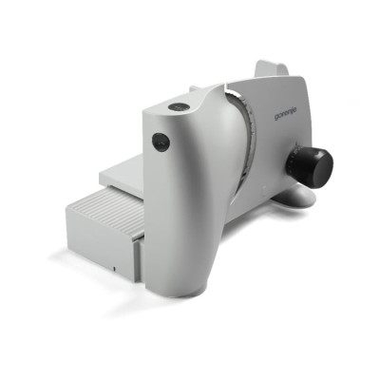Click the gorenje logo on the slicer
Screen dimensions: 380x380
point(285,114)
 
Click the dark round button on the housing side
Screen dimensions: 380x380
point(161,142)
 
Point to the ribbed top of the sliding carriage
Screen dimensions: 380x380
point(109,210)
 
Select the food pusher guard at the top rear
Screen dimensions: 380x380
point(272,69)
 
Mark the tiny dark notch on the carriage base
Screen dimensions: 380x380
point(114,269)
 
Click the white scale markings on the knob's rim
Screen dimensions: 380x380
point(295,154)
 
